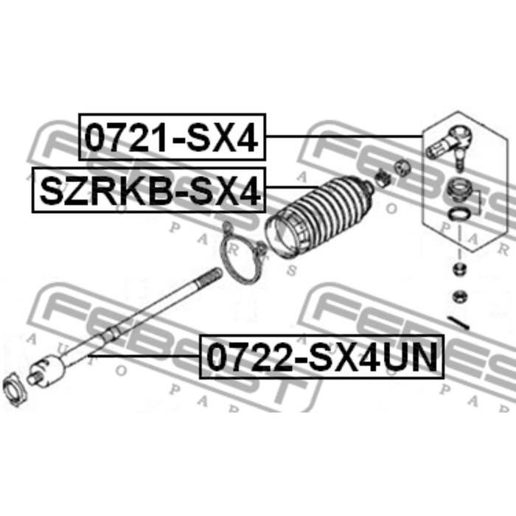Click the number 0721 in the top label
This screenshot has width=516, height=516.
(x=127, y=137)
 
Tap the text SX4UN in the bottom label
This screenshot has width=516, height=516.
(x=374, y=357)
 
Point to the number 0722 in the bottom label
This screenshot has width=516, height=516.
(x=250, y=357)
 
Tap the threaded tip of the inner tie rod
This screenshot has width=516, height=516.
(x=209, y=276)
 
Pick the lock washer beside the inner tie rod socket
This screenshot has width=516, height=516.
(x=15, y=389)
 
